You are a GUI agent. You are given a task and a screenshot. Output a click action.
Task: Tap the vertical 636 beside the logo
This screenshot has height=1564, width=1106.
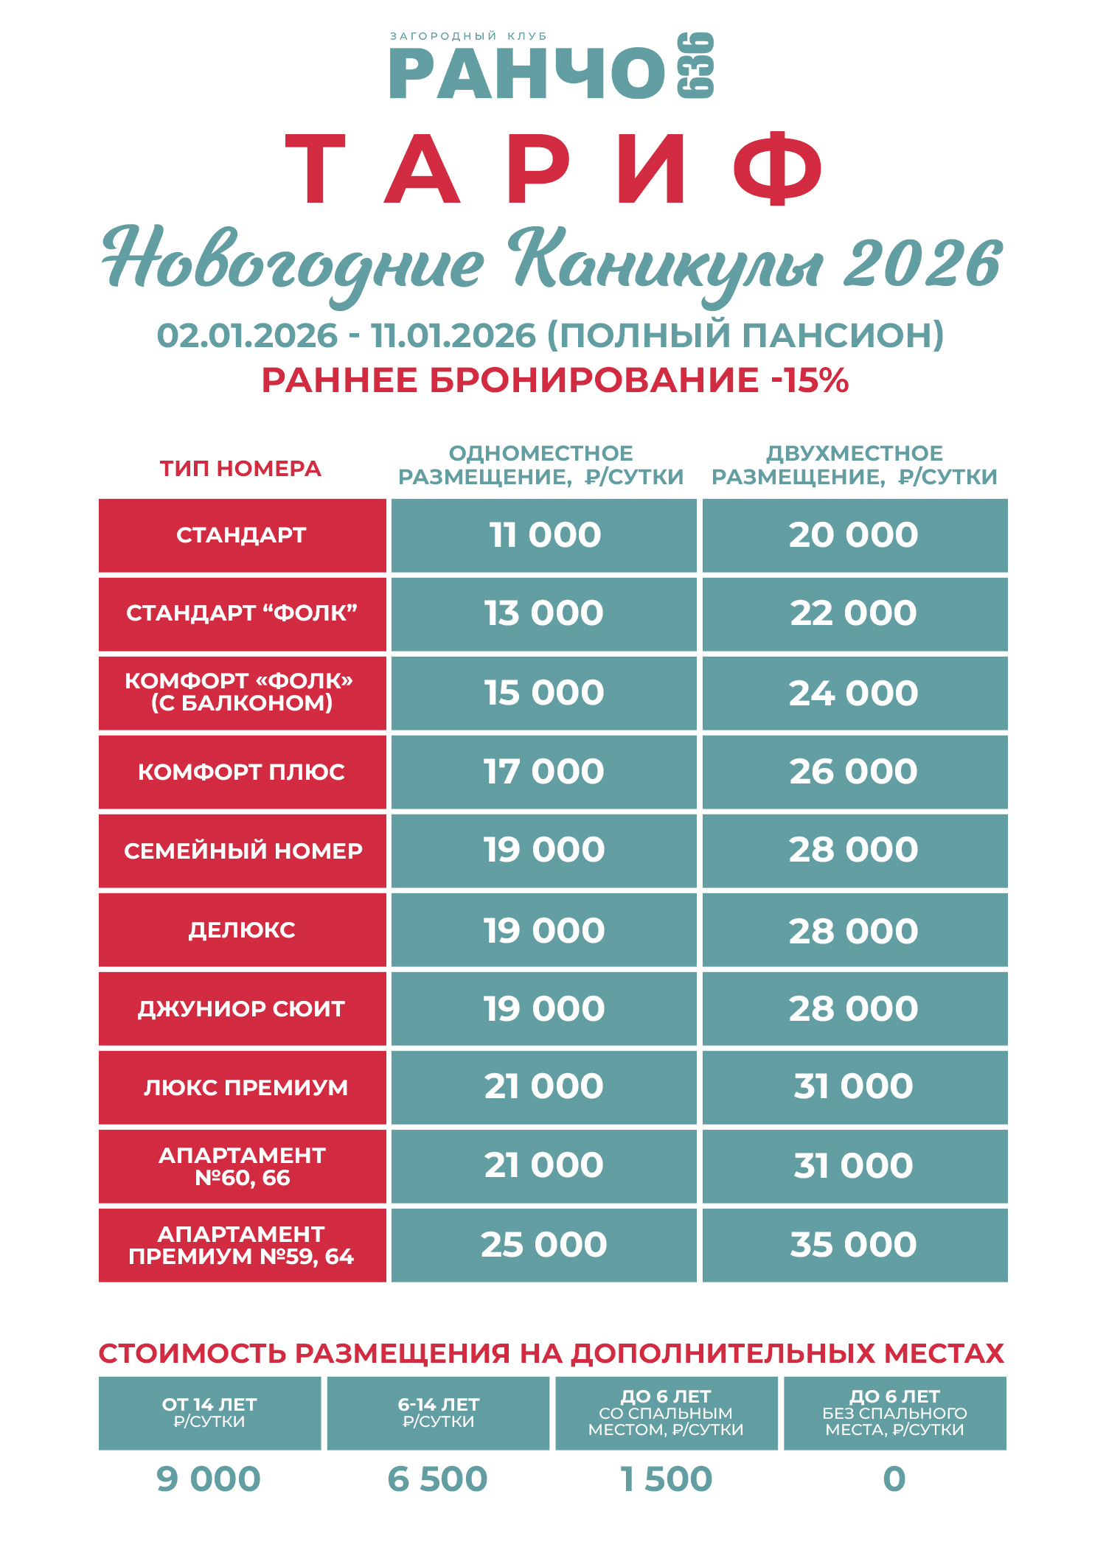tap(695, 66)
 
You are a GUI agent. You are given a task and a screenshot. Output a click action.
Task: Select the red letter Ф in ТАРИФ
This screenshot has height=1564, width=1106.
tap(778, 170)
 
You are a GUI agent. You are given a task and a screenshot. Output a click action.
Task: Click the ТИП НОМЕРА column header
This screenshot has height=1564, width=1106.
tap(241, 469)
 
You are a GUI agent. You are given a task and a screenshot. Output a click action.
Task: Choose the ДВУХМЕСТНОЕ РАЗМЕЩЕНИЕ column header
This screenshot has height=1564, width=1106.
tap(854, 465)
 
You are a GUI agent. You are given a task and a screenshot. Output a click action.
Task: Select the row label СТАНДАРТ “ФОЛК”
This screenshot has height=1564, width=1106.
tap(242, 613)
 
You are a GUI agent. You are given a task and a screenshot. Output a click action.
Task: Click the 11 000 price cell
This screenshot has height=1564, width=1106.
tap(544, 535)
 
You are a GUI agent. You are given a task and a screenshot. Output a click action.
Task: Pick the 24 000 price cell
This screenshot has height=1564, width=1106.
tap(854, 693)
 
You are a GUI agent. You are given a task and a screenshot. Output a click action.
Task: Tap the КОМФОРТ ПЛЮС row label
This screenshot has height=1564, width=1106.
tap(242, 772)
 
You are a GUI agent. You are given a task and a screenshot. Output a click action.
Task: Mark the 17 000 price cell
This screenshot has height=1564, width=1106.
tap(544, 772)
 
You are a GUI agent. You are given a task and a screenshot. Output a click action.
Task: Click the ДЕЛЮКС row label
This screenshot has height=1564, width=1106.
tap(242, 930)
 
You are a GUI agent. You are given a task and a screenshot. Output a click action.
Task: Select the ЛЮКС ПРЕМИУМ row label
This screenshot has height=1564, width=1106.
tap(245, 1087)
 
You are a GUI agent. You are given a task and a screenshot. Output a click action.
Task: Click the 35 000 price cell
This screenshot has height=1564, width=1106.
tap(854, 1245)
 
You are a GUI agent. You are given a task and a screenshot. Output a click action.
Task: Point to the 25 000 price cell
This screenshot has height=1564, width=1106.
tap(544, 1245)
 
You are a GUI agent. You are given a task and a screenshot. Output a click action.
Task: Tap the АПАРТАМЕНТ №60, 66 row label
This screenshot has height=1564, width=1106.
tap(242, 1166)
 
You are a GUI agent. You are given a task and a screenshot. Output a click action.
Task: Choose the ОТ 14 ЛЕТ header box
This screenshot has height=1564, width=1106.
tap(209, 1412)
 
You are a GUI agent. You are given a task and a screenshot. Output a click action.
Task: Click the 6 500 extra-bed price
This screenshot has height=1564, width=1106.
tap(438, 1479)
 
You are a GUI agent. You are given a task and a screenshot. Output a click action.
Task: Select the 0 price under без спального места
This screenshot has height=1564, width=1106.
tap(894, 1479)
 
